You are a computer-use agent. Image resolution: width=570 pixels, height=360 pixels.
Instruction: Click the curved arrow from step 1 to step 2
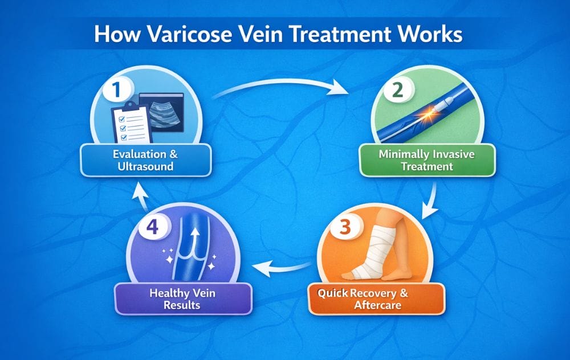point(279,86)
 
